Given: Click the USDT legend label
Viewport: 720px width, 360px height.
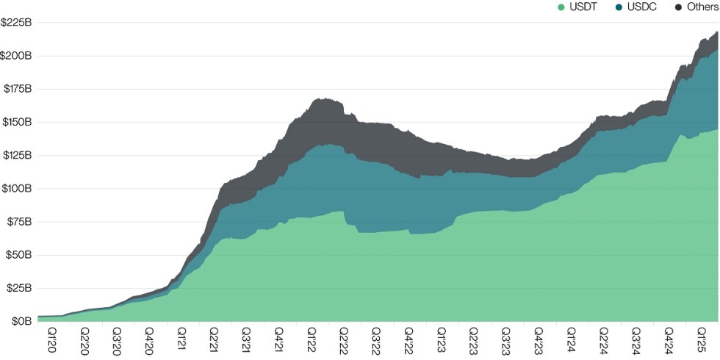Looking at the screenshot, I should [x=584, y=7].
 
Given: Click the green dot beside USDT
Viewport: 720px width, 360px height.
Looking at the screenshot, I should [x=561, y=7].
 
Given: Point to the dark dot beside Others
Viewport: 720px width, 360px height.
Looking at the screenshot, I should [x=677, y=7].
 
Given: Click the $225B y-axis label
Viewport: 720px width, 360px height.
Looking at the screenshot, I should [x=16, y=22].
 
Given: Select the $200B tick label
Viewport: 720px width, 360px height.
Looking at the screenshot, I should [x=16, y=56].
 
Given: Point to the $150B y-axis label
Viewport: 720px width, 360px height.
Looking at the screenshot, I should [x=16, y=122].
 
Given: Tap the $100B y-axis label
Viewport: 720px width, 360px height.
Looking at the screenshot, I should [x=16, y=189].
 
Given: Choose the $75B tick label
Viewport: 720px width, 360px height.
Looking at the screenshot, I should [x=18, y=222].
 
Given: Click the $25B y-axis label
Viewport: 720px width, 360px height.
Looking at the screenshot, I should [x=18, y=288].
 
